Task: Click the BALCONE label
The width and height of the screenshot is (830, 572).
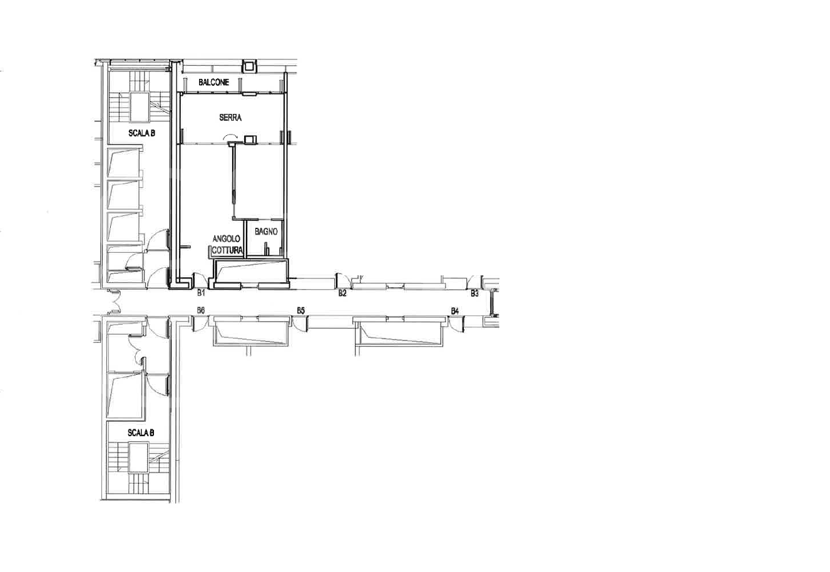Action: (214, 82)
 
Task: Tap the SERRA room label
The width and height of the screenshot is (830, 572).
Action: (230, 118)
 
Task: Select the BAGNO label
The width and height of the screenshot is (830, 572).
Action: (266, 232)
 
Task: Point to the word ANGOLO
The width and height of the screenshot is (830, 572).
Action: (227, 238)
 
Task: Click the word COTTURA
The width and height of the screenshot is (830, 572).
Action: (227, 250)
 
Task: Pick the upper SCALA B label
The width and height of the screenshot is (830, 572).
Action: (141, 133)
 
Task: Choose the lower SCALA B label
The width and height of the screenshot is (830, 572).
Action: (141, 432)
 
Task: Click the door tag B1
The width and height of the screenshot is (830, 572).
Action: (201, 293)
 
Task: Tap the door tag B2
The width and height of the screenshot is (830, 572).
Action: (342, 293)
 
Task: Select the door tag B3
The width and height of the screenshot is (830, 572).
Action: (474, 294)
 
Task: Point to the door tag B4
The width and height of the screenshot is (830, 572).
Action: (455, 311)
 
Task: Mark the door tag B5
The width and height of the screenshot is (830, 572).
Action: (301, 310)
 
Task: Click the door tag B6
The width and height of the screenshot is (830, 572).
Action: (201, 310)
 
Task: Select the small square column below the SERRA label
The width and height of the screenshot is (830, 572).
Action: (250, 140)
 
